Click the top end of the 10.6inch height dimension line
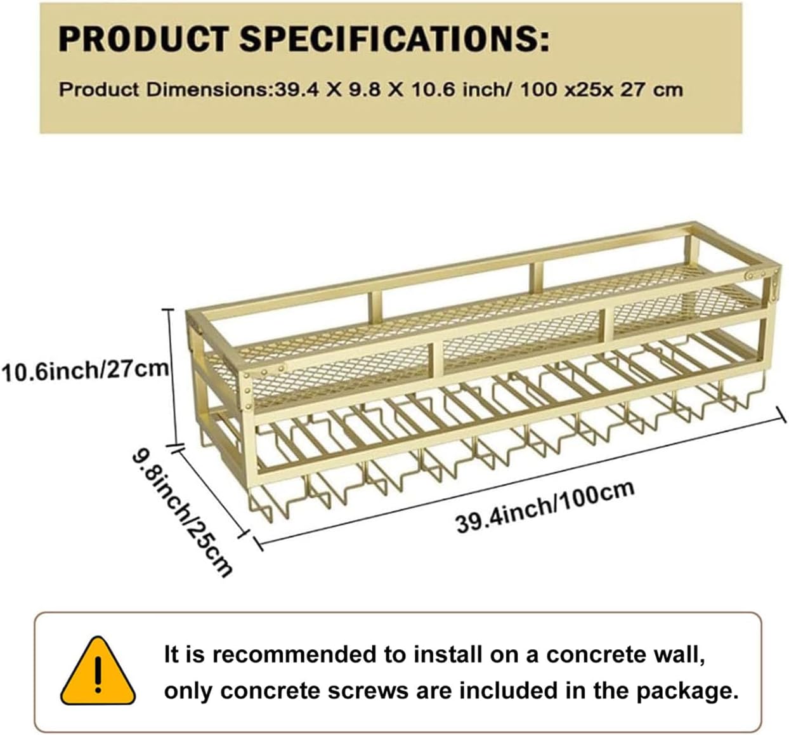169,309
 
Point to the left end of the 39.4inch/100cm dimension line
258,543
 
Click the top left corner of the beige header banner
40,3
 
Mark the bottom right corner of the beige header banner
742,133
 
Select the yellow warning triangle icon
98,672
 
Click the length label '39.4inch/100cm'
545,508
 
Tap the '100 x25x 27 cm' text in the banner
602,90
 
